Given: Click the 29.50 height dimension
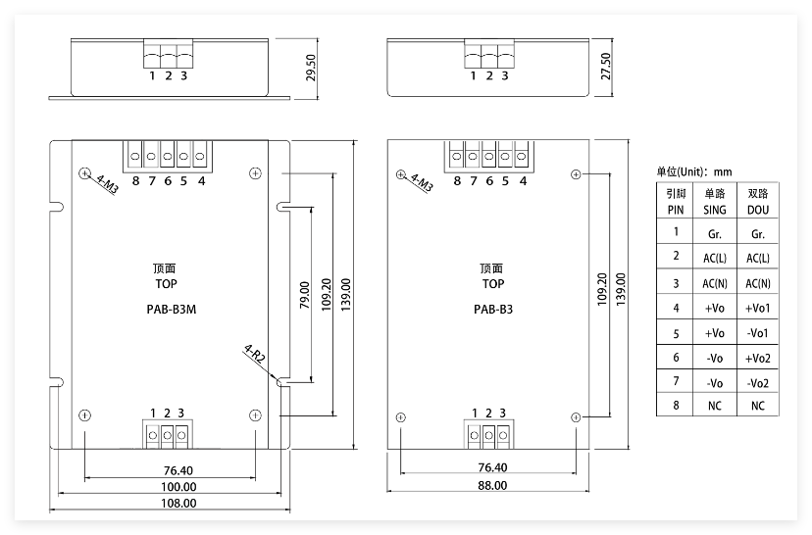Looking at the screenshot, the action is [x=311, y=68].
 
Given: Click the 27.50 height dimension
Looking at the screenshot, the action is [x=605, y=67].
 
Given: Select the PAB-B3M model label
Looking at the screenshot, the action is [x=172, y=310].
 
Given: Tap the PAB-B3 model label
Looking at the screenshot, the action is [x=493, y=310].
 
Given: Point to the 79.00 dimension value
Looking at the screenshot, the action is [x=304, y=295].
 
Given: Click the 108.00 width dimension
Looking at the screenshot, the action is [x=178, y=503].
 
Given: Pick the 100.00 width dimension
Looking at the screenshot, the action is [x=178, y=487].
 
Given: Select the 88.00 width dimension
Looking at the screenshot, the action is [x=492, y=485].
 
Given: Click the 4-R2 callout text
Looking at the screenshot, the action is [x=254, y=355].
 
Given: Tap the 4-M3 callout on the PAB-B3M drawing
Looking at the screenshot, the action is [x=107, y=184].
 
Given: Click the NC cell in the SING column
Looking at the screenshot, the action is [x=715, y=406].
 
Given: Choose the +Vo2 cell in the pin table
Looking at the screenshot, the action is [x=758, y=358].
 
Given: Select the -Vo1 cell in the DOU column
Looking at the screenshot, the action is [x=758, y=333].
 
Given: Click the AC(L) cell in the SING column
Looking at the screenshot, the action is [x=715, y=258].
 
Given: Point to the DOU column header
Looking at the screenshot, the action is [x=758, y=202].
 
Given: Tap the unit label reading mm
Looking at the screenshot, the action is [x=723, y=171].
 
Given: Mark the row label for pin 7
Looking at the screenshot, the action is [x=676, y=381].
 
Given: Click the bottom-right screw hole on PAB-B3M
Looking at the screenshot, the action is [x=255, y=414].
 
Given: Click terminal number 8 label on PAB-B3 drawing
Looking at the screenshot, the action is [x=457, y=181].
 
